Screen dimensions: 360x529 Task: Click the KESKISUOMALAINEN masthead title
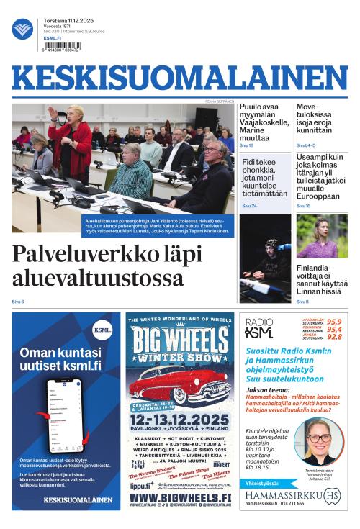click(179, 79)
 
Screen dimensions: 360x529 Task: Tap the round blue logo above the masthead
click(22, 29)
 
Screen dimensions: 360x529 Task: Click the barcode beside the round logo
click(63, 46)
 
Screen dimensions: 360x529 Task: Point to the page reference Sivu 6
click(18, 302)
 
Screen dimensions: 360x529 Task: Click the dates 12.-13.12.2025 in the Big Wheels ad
click(179, 420)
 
